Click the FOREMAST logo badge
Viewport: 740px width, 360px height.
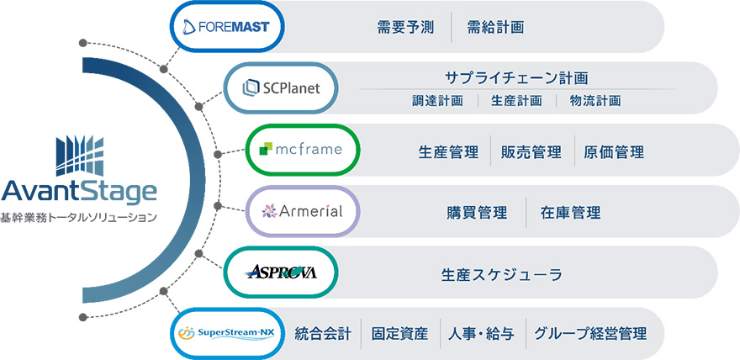pos(225,27)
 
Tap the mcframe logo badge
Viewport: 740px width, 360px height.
pos(302,150)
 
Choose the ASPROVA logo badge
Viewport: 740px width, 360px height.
pos(282,272)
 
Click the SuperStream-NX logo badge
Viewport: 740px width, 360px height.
pos(225,333)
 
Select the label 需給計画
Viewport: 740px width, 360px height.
pos(496,27)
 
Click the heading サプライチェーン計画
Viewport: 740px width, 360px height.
pos(516,77)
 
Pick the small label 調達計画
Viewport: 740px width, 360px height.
pos(438,101)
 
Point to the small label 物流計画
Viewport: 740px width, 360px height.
pos(595,101)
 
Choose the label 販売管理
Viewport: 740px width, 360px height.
pos(531,152)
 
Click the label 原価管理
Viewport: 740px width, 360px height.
pos(615,152)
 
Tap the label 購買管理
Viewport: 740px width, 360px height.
pos(477,213)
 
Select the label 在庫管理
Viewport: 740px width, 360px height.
pos(571,213)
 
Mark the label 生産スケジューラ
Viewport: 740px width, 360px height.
pos(501,274)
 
